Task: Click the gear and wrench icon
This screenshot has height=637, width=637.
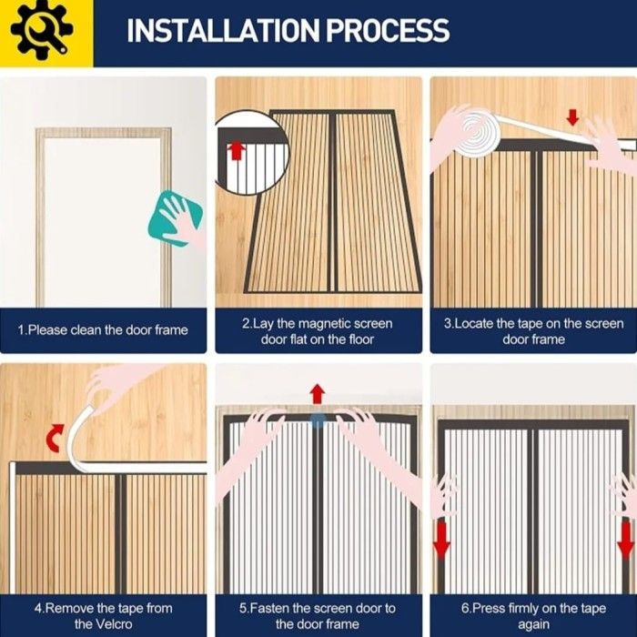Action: [42, 31]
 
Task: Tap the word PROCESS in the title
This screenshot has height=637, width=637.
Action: [389, 30]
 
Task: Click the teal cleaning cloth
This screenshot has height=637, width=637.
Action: [175, 218]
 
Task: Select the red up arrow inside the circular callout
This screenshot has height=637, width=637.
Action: [236, 151]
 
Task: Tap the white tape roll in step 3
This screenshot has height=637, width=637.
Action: [477, 136]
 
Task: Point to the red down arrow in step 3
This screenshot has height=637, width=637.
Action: [572, 117]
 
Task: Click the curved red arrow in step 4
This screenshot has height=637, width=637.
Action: [56, 438]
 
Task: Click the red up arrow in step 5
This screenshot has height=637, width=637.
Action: [318, 394]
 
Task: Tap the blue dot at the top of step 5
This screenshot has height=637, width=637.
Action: [318, 420]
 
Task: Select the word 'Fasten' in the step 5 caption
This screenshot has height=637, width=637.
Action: [268, 609]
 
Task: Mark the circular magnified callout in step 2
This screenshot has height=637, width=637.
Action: [250, 152]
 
